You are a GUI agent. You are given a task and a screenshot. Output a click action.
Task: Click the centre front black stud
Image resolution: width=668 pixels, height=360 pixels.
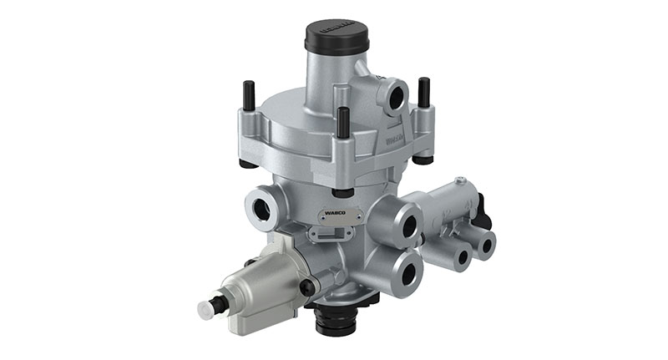click(342, 121)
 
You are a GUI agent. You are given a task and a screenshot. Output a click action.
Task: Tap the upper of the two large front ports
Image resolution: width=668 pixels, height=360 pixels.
click(408, 226)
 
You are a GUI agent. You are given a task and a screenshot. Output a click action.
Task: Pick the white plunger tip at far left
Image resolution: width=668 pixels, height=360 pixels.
click(205, 308)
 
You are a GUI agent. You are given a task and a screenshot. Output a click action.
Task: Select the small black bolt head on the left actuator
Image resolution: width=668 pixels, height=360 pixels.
click(307, 286)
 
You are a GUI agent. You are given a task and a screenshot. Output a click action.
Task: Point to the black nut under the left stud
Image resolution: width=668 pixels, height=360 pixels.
click(248, 163)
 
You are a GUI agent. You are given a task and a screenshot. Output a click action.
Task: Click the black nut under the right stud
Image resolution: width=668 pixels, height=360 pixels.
click(424, 159)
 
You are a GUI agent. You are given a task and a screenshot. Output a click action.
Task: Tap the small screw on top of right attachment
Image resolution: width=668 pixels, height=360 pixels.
click(459, 180)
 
